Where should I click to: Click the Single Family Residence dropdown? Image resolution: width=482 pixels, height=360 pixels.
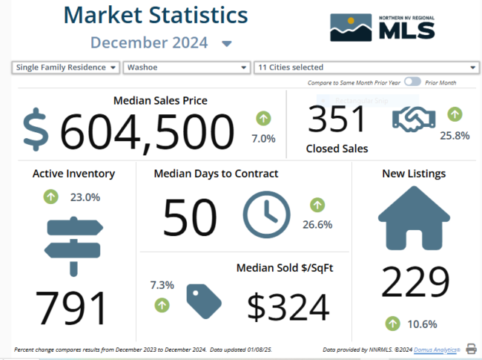[x=66, y=68]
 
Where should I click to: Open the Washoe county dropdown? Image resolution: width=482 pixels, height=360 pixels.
[x=186, y=68]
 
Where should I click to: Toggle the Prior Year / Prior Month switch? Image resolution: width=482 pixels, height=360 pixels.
[x=412, y=82]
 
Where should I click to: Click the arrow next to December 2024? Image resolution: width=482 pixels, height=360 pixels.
[x=227, y=44]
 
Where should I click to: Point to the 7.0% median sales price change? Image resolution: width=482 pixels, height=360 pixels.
[x=263, y=138]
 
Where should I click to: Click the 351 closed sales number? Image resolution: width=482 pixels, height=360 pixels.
[x=337, y=120]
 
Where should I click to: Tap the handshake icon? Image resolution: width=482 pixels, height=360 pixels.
[x=414, y=120]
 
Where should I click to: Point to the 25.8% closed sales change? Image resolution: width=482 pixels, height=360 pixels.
[x=455, y=135]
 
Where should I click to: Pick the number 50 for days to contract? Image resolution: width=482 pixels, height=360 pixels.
[x=190, y=218]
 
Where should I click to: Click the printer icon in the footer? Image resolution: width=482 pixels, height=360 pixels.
[x=471, y=348]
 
